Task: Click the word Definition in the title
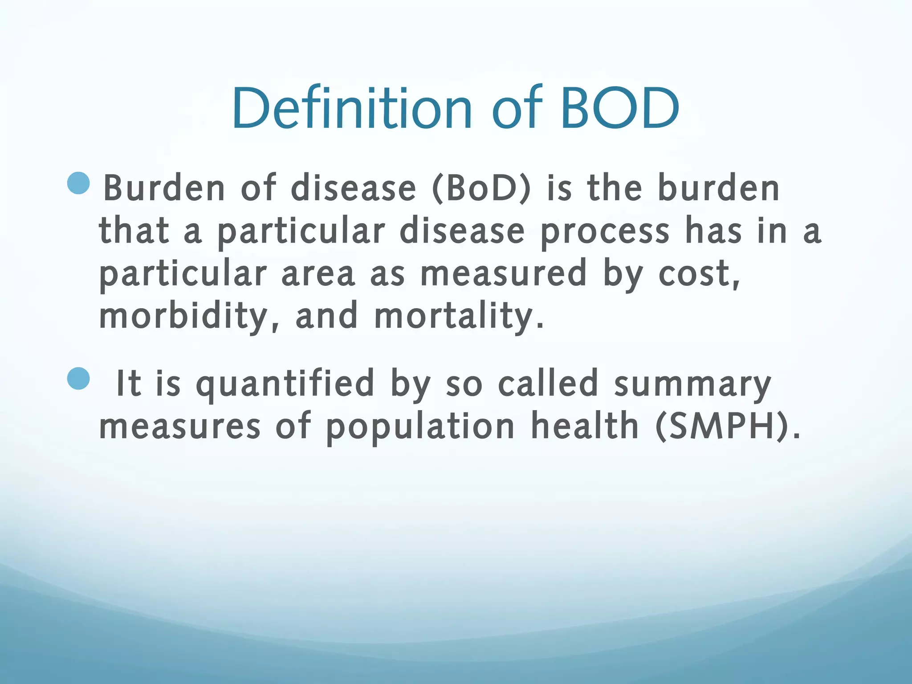point(352,108)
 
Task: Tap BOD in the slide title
point(620,108)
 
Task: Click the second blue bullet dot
point(79,379)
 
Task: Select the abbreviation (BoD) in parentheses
point(481,188)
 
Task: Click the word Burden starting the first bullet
point(164,188)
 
